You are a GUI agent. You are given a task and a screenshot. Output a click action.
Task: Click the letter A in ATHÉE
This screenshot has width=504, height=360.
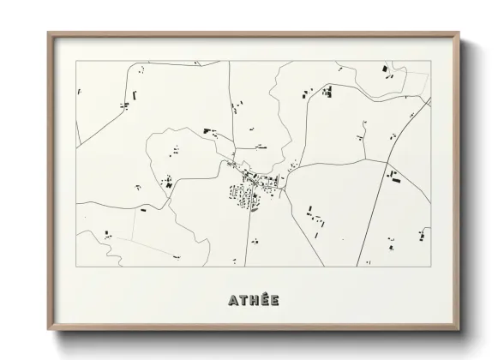[233, 301]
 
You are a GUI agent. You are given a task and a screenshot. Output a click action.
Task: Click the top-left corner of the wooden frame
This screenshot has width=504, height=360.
[48, 33]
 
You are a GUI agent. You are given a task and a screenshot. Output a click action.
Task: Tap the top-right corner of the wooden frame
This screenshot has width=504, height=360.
[459, 33]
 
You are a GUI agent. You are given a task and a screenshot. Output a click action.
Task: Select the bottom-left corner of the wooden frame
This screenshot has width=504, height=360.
[48, 330]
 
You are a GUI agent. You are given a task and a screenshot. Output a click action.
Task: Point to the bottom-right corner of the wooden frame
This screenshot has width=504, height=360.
[459, 330]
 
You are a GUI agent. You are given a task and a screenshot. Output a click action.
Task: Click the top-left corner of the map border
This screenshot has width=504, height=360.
[76, 61]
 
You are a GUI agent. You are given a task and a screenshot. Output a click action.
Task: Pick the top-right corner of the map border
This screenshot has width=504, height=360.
[430, 61]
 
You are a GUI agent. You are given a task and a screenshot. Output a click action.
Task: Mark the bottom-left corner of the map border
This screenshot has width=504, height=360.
[76, 267]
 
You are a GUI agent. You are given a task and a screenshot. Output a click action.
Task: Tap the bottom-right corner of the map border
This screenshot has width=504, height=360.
[430, 267]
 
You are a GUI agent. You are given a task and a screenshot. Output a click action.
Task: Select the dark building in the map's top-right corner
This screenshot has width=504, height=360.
[385, 69]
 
